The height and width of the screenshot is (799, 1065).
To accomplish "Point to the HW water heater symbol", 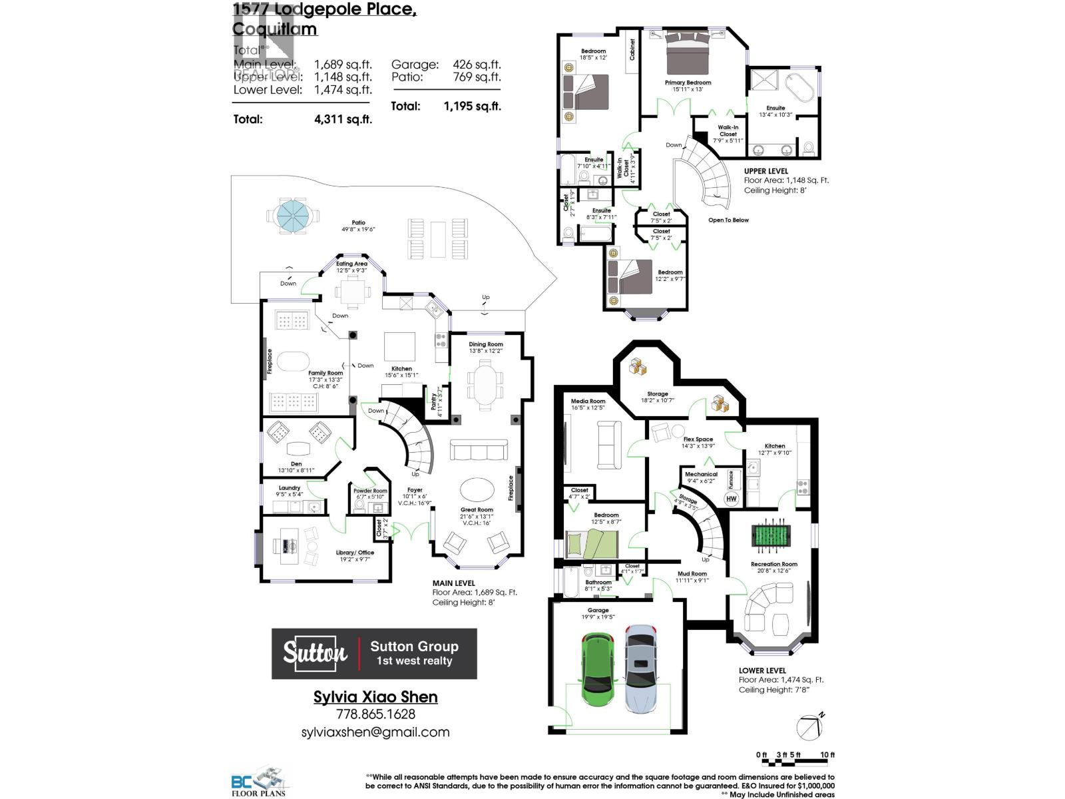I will point(732,498).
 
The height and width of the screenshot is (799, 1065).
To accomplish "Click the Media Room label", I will point(588,401).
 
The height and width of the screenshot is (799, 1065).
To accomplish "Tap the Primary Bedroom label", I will point(688,83).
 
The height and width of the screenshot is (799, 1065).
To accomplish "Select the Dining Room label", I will point(485,344).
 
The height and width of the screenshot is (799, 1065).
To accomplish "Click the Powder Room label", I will point(370,491).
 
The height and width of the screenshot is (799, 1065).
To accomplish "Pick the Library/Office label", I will point(355,553).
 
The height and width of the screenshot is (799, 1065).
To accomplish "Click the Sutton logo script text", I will point(315,653).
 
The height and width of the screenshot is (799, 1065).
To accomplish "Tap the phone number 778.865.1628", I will point(375,714).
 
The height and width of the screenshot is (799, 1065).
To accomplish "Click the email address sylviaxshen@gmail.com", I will point(375,732).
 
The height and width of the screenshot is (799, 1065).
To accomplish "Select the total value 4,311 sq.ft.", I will point(343,119).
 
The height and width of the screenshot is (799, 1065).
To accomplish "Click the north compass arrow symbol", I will point(810,727).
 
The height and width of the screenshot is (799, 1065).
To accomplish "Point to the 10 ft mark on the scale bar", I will point(827,754).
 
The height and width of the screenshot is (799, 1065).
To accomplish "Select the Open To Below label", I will point(728,220).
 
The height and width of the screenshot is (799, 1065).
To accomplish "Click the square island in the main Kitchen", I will point(399,346).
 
